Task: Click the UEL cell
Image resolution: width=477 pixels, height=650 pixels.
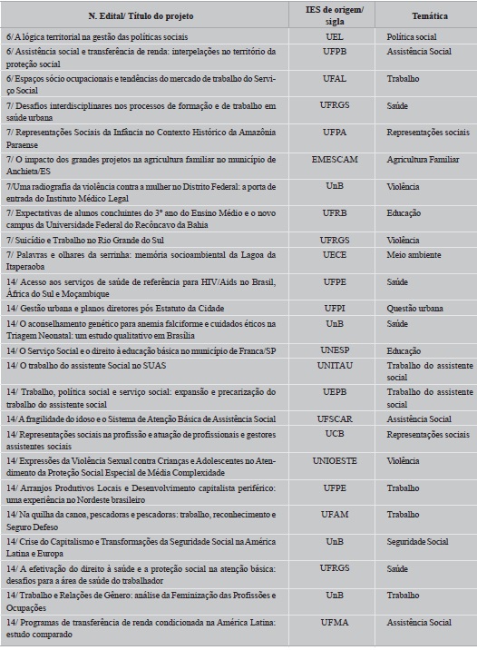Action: [x=334, y=37]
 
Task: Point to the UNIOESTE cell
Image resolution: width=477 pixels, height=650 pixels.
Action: [x=334, y=460]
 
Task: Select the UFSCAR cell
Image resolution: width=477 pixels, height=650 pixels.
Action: [x=334, y=419]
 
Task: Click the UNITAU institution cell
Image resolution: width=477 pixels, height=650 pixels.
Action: [x=334, y=365]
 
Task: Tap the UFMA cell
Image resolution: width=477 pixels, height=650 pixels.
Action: [x=334, y=622]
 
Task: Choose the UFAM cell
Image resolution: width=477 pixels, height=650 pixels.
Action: [x=334, y=514]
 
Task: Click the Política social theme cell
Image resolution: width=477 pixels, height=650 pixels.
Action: [x=411, y=37]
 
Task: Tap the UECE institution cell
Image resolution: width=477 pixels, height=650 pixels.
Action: [x=334, y=255]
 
